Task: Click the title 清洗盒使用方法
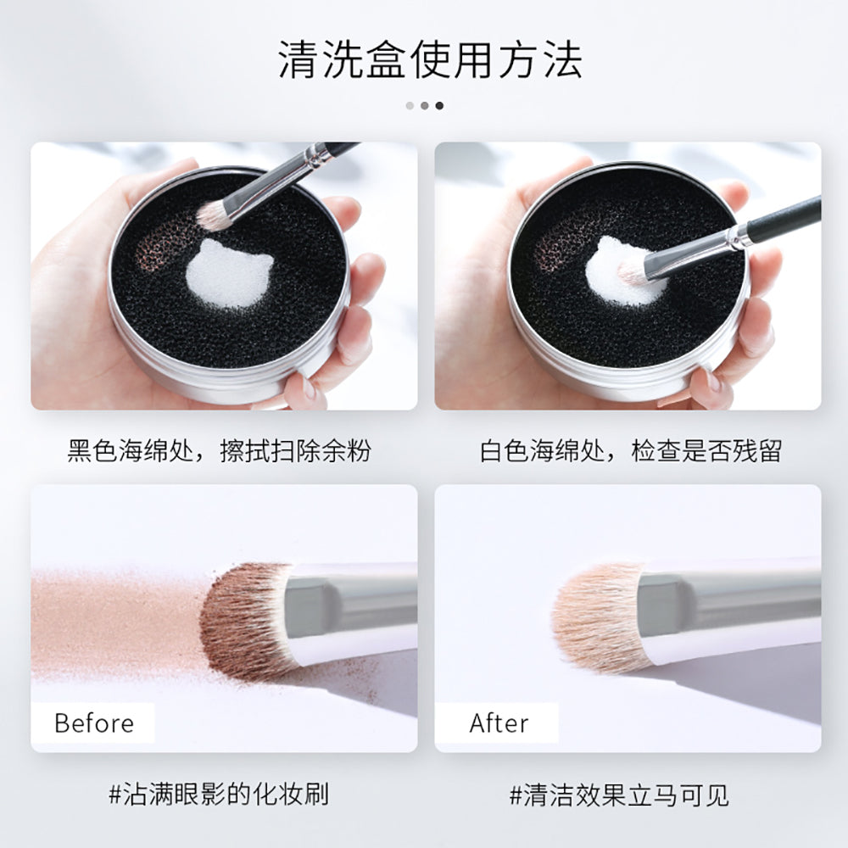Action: click(x=430, y=61)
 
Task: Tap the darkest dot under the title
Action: click(x=439, y=106)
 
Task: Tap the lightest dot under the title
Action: click(x=410, y=106)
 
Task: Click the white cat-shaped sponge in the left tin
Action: click(x=229, y=273)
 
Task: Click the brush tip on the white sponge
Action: click(x=632, y=271)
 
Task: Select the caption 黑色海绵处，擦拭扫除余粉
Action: click(x=220, y=451)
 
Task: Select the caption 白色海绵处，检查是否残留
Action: click(x=631, y=451)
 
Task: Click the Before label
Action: click(x=93, y=723)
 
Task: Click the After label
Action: click(x=499, y=723)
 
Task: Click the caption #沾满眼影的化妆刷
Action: click(x=219, y=795)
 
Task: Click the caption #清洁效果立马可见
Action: click(x=619, y=795)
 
